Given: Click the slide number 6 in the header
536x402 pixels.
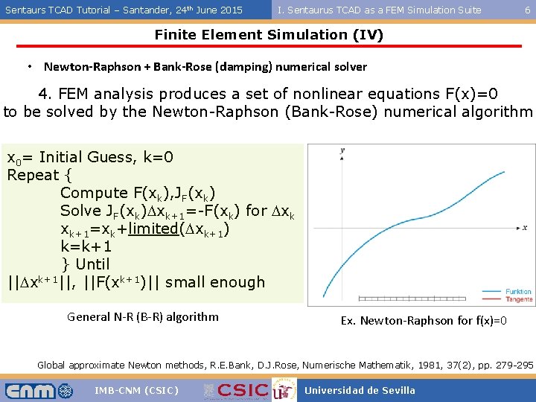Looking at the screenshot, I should [527, 10].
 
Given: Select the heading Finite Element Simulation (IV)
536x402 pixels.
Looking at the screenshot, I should [268, 35].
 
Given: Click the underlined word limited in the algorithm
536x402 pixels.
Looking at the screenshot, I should [152, 229].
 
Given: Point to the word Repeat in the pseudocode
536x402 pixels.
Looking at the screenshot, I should [31, 175].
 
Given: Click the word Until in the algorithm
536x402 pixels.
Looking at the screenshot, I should [92, 264].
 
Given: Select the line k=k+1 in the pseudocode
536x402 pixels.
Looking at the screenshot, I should [86, 246].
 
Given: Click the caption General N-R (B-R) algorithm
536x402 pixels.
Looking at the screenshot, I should [143, 316].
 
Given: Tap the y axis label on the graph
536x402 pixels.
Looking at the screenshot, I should [342, 151].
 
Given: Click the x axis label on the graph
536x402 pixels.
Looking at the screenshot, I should [524, 227].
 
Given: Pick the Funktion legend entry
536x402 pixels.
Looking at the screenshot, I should [517, 292].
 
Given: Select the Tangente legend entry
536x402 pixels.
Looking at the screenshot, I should [517, 299].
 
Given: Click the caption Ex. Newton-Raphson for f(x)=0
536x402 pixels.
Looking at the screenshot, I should [424, 320].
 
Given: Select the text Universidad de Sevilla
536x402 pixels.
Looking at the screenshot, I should [360, 390].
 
